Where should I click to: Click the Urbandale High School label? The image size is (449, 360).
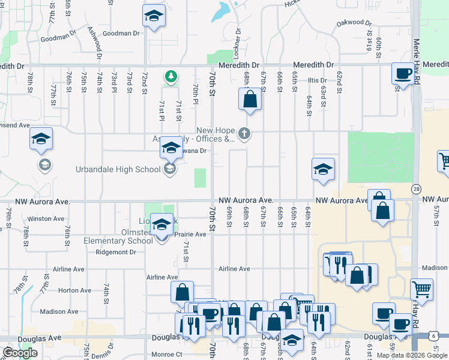point(118,170)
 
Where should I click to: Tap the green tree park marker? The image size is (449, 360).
point(171,76)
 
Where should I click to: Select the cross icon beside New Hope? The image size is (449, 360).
point(244,133)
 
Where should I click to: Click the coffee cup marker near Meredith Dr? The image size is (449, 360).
point(403,74)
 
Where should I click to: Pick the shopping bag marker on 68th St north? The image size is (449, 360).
point(250,98)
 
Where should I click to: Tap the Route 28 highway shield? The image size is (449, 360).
point(417,189)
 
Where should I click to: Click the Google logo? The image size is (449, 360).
point(20,353)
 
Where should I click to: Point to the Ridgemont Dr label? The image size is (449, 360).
point(116,253)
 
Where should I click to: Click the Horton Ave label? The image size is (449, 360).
point(75,290)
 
